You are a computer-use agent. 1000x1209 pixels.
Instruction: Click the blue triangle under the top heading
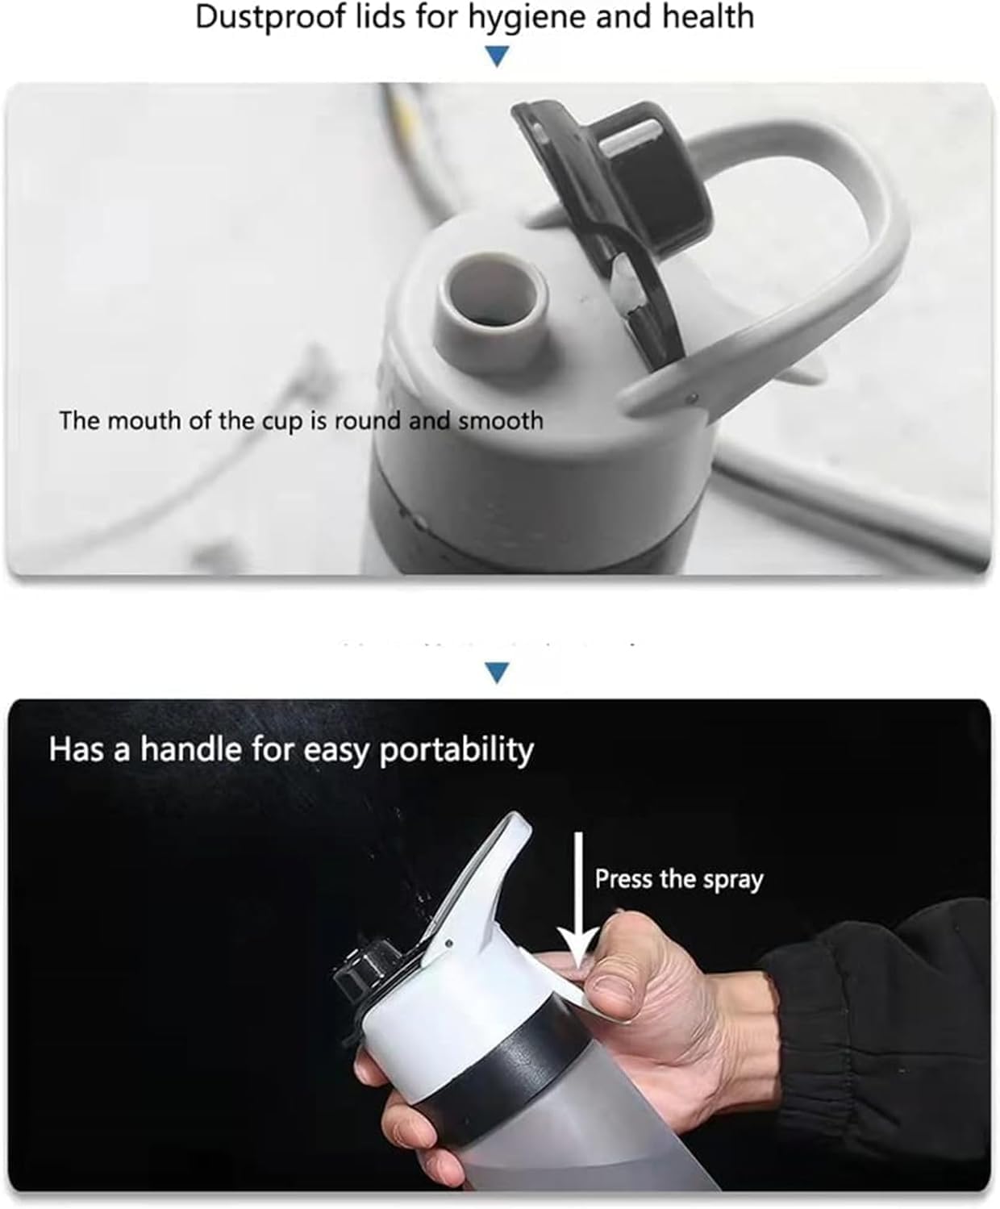tap(496, 56)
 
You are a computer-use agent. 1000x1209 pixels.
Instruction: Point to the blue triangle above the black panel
tap(496, 673)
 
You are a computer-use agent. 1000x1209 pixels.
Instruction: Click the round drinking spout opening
tap(492, 295)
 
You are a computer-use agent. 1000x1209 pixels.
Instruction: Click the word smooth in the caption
tap(500, 421)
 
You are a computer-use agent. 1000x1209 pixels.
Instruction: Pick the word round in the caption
tap(368, 421)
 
